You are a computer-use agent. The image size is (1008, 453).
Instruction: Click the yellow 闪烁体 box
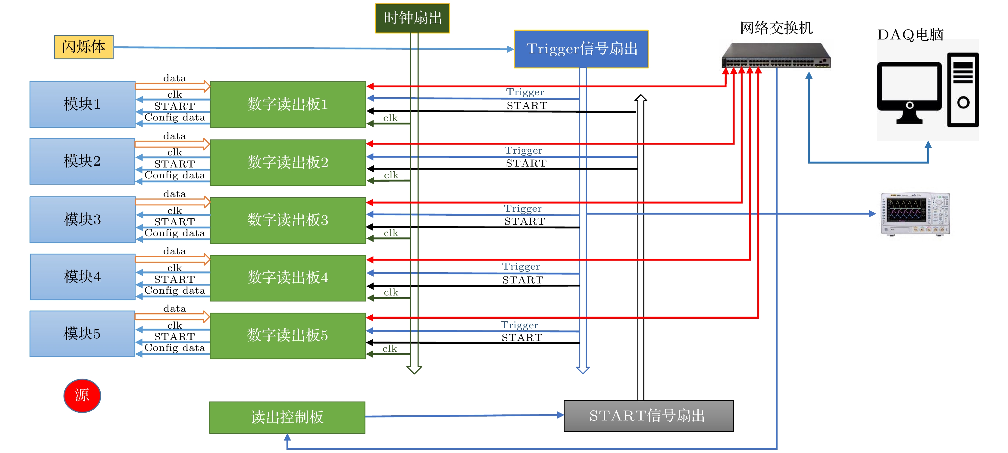(x=83, y=47)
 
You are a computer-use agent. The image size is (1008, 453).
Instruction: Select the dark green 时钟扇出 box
(x=412, y=18)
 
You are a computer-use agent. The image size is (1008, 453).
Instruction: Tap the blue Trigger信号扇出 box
(x=581, y=49)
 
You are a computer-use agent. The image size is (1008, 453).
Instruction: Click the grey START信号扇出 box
(x=648, y=415)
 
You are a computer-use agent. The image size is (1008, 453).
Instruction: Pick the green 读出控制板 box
(x=287, y=417)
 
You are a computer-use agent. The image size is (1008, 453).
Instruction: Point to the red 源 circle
(x=82, y=395)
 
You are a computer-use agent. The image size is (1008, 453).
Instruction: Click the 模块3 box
(x=82, y=220)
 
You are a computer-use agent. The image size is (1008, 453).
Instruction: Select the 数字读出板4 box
(x=288, y=278)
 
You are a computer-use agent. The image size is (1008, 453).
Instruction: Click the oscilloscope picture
(x=915, y=214)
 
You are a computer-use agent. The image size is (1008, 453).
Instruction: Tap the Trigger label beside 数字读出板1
(x=525, y=92)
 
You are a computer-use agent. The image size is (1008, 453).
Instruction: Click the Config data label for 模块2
(x=174, y=175)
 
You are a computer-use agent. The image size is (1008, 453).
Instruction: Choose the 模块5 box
(x=82, y=334)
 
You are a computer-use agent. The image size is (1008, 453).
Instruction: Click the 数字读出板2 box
(x=288, y=162)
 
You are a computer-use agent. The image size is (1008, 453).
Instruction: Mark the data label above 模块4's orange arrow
(x=174, y=251)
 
